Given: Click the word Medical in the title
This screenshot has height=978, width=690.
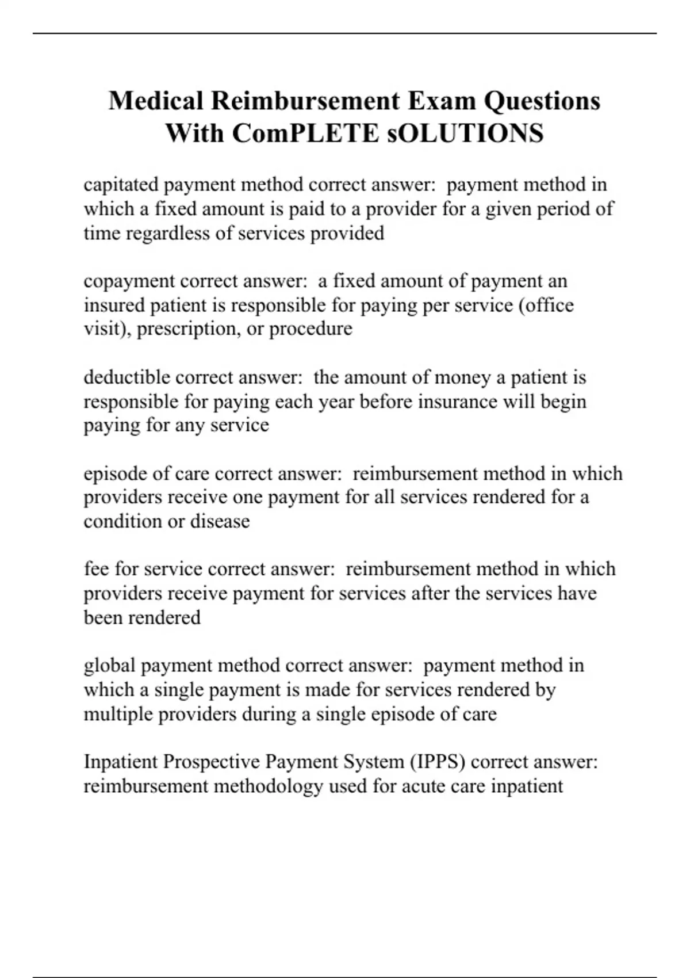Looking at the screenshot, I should pyautogui.click(x=156, y=101).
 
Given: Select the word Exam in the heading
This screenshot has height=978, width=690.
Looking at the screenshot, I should pyautogui.click(x=442, y=101).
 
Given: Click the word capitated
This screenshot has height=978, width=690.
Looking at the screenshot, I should pyautogui.click(x=121, y=185).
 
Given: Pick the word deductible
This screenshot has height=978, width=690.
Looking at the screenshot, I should pyautogui.click(x=126, y=377).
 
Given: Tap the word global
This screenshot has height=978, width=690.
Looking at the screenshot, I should pyautogui.click(x=110, y=666).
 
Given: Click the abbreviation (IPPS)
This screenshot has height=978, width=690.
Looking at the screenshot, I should pyautogui.click(x=438, y=762).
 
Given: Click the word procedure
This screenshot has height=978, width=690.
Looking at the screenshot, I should pyautogui.click(x=310, y=329).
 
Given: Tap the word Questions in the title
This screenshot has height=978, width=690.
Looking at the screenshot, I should pyautogui.click(x=542, y=101).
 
